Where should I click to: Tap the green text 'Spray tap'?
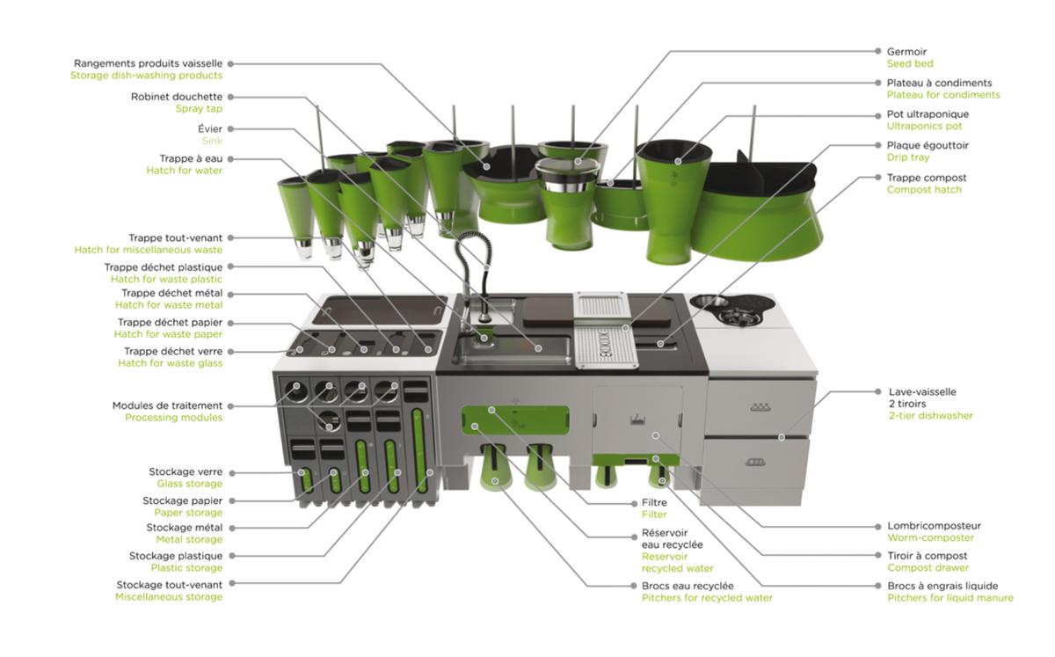coord(199,109)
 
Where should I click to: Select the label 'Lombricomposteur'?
coord(934,526)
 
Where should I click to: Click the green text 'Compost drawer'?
coord(928,568)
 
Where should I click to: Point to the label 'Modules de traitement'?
coord(167,405)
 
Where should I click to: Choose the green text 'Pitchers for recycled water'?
coord(707,598)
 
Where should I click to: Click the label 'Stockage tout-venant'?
coord(169,585)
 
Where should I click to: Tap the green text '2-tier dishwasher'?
coord(930,416)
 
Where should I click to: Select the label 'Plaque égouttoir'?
coord(928,146)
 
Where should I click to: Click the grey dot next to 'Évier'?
coord(230,128)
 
